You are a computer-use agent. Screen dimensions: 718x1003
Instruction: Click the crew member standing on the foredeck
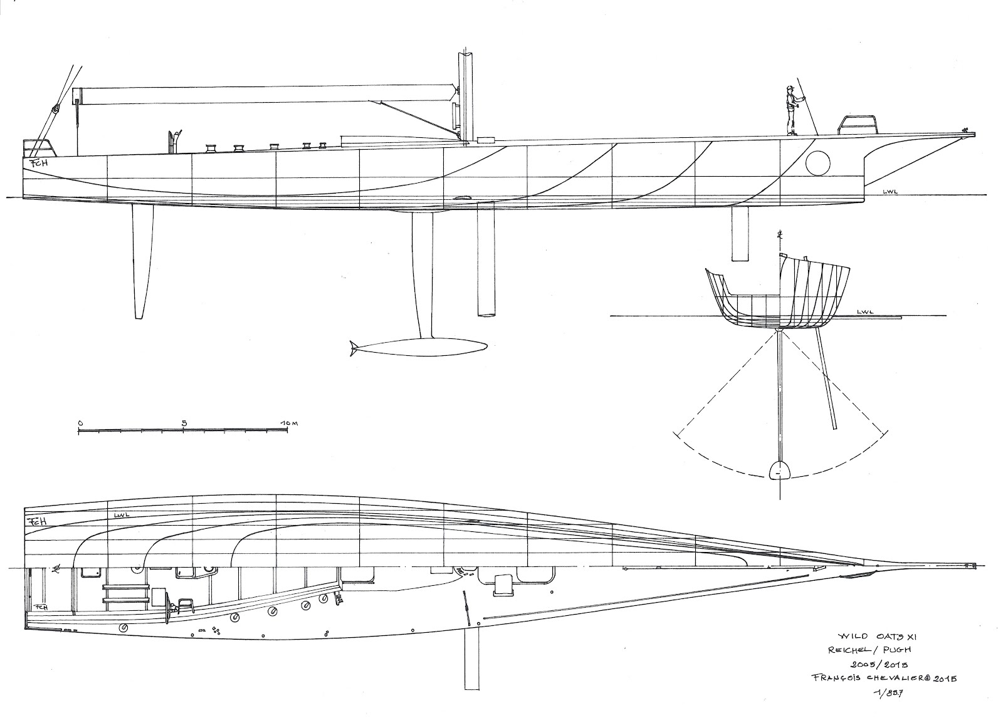[791, 111]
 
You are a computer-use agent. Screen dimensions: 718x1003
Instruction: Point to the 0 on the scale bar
[80, 423]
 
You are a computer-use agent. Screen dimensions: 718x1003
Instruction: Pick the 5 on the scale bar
[184, 423]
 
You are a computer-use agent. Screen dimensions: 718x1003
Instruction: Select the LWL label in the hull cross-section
[866, 311]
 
